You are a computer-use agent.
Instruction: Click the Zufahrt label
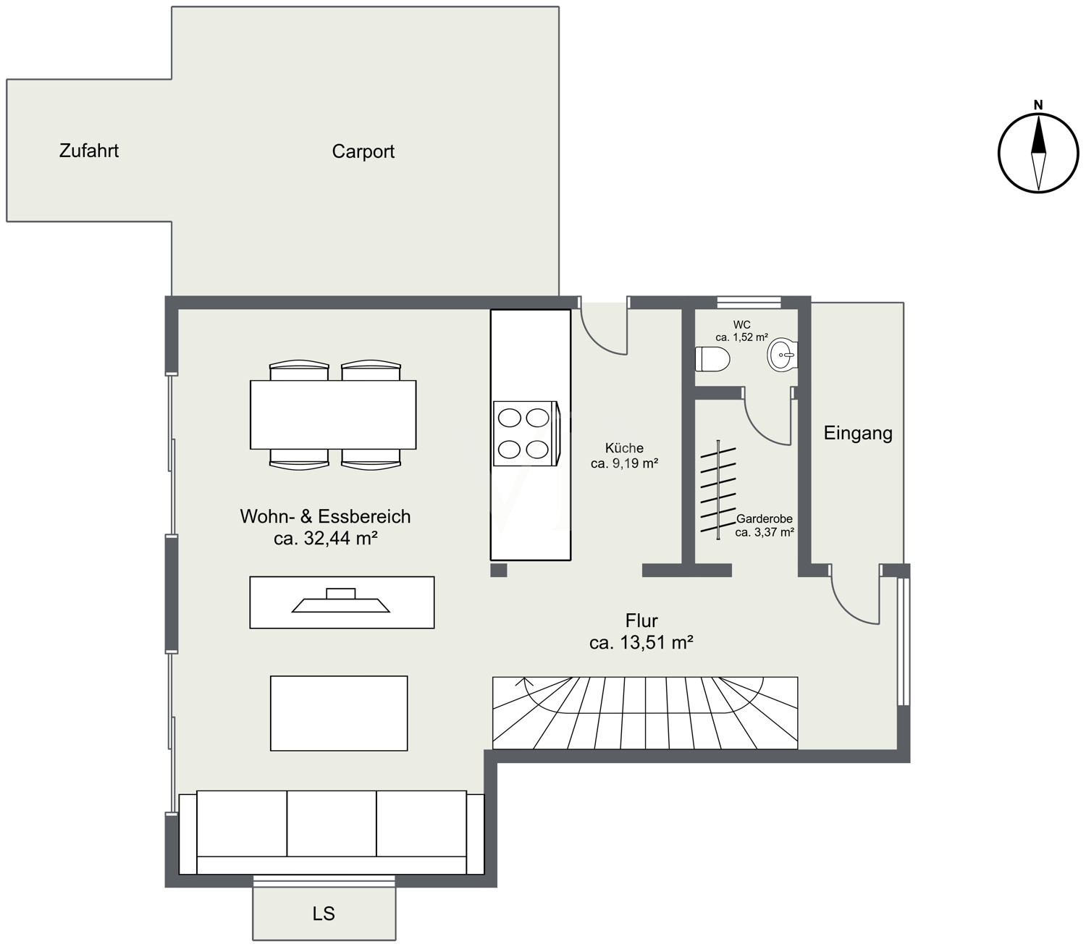click(88, 151)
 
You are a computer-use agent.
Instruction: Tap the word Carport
click(363, 152)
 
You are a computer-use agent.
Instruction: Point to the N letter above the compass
click(1038, 105)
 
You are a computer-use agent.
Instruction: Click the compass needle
click(1038, 152)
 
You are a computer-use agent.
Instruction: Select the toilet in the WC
click(712, 359)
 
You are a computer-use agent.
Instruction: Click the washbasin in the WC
click(782, 354)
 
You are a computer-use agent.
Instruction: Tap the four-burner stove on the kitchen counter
click(526, 434)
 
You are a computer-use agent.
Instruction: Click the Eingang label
click(858, 433)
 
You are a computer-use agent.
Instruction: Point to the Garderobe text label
click(765, 518)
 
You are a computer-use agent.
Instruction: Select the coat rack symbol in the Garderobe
click(718, 489)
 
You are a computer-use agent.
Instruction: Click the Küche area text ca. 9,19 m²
click(624, 463)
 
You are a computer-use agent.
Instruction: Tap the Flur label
click(641, 620)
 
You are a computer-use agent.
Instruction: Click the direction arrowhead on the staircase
click(524, 681)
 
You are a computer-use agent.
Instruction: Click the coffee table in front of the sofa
click(339, 713)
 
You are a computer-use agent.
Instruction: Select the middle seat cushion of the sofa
click(332, 823)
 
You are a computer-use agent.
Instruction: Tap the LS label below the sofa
click(324, 914)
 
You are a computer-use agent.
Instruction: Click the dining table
click(333, 415)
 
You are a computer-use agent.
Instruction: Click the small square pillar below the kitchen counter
click(498, 570)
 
